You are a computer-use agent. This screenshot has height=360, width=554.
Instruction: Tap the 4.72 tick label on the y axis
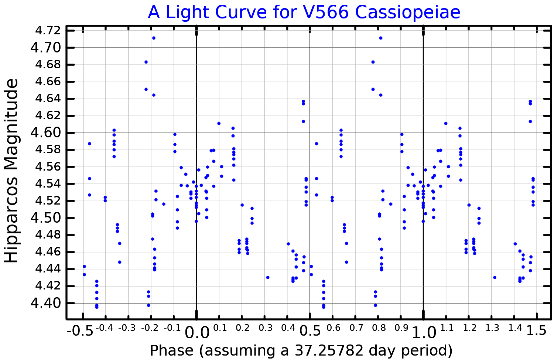[x=48, y=30]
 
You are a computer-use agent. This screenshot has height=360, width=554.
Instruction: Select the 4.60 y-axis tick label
[x=46, y=133]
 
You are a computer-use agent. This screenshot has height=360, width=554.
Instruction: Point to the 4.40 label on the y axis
[x=46, y=303]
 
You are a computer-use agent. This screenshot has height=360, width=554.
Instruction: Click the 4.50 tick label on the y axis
[x=46, y=218]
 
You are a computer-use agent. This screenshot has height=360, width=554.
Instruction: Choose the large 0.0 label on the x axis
[x=196, y=332]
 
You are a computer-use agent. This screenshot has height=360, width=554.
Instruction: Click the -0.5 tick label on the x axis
[x=80, y=331]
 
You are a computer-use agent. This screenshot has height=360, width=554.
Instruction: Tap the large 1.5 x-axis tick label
[x=536, y=331]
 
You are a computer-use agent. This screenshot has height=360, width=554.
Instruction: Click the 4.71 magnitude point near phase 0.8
[x=381, y=38]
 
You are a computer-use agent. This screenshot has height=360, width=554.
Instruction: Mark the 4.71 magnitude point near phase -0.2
[x=154, y=38]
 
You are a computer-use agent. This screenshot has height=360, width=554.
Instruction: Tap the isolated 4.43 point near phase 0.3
[x=268, y=277]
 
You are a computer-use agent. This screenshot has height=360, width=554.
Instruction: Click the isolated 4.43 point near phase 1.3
[x=495, y=277]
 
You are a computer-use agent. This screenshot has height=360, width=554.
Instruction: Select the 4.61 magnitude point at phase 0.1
[x=219, y=123]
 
